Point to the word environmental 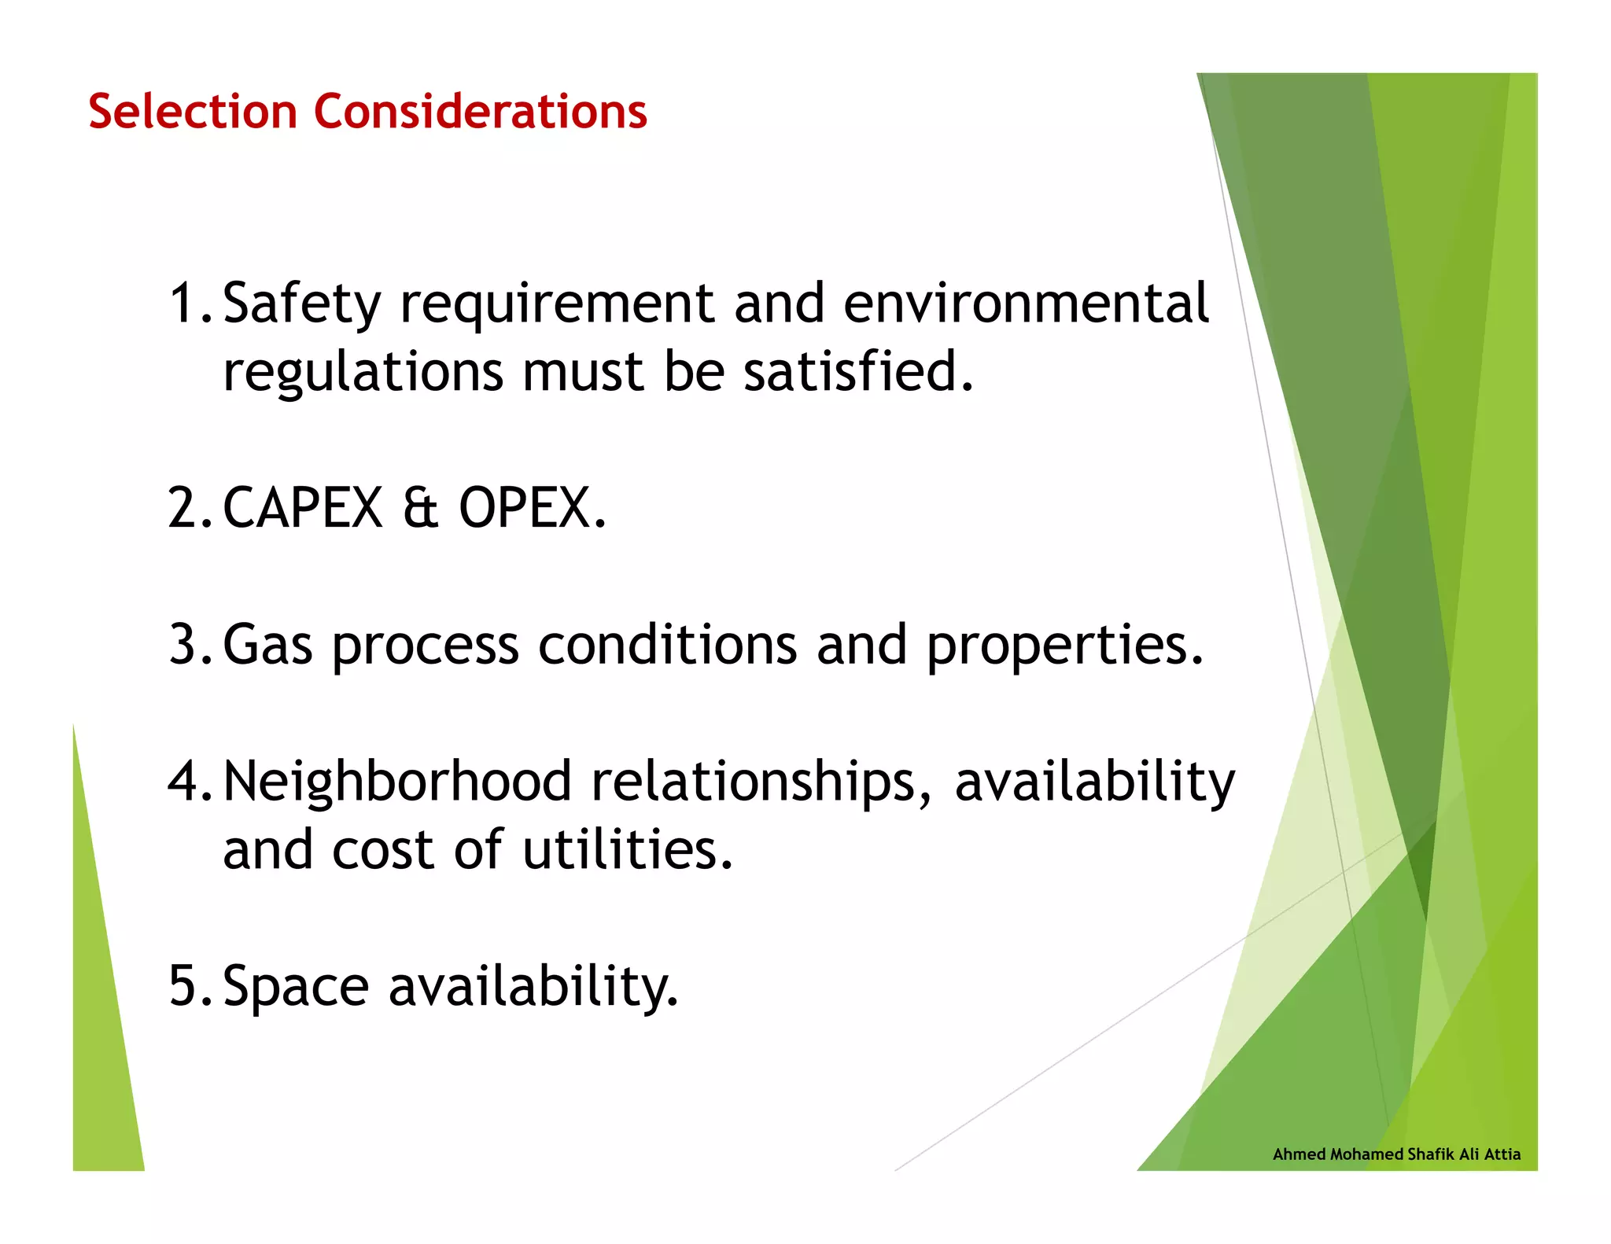[1025, 304]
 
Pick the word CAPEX [303, 508]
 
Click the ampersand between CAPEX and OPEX [420, 509]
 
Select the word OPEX [532, 508]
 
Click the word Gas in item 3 [267, 645]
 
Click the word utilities [627, 850]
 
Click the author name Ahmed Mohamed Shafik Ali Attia [1396, 1154]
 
